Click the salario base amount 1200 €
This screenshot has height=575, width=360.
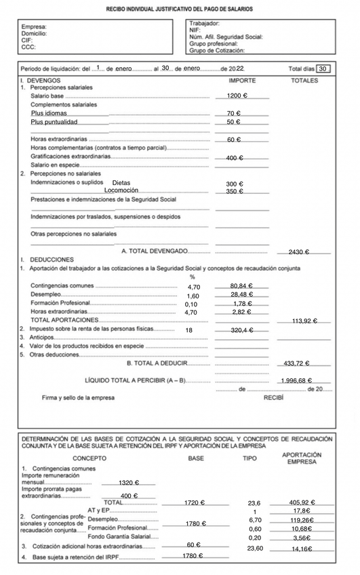click(237, 96)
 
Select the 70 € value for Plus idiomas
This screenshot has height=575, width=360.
click(234, 113)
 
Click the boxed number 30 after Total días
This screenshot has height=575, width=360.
click(323, 68)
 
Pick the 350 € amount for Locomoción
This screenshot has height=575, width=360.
click(235, 192)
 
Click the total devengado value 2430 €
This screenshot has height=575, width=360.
click(298, 252)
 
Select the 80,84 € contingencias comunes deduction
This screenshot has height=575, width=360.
click(241, 286)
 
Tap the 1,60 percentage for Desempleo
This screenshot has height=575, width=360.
click(193, 296)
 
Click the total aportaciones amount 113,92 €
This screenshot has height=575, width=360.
click(305, 321)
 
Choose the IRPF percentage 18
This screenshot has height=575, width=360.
click(189, 330)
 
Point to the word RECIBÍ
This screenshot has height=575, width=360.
click(273, 397)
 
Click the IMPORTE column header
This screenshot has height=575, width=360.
click(242, 80)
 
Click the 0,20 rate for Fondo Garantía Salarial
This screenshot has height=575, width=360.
click(254, 537)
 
